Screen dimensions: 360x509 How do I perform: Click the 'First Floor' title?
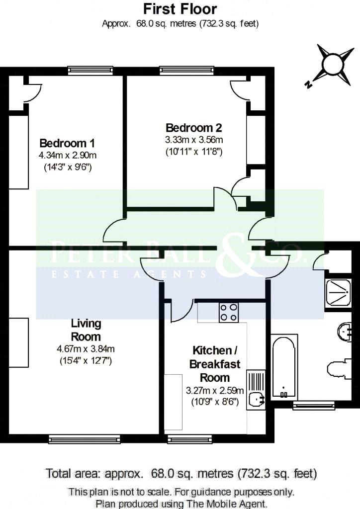tap(180, 9)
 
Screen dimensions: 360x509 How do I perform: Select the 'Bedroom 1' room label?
tap(67, 143)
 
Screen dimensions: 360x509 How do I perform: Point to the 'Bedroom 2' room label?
tap(194, 128)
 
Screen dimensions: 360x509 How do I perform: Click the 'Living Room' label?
tap(86, 330)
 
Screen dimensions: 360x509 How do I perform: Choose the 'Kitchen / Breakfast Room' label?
tap(215, 364)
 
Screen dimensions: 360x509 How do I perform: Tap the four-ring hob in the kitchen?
tap(229, 312)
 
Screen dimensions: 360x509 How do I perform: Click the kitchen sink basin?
tap(257, 399)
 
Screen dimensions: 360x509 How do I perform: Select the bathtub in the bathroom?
tap(284, 367)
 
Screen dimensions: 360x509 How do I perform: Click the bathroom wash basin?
tap(345, 332)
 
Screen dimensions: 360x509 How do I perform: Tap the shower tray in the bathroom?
tap(338, 292)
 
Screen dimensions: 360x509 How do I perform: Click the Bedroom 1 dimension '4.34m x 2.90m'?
tap(68, 155)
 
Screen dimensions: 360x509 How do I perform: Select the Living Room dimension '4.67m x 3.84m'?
tap(86, 349)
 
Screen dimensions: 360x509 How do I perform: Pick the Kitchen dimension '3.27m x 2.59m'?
tap(215, 390)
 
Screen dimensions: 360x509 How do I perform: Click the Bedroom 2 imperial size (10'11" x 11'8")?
tap(194, 152)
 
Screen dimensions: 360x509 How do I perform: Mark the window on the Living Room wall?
tap(85, 439)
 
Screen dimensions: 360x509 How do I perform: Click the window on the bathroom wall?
tap(314, 405)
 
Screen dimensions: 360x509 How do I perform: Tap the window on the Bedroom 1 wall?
tap(90, 71)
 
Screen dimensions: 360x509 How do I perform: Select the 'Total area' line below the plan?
tap(181, 474)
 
